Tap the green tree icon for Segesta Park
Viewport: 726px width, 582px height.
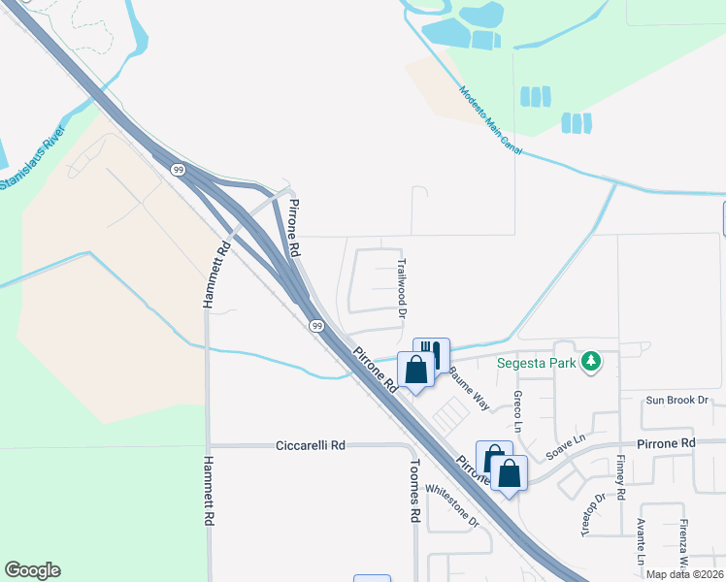[x=590, y=363]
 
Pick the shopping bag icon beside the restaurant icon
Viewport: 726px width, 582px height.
[x=416, y=370]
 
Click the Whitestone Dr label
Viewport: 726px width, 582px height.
[x=452, y=506]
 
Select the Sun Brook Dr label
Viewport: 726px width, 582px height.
[x=678, y=400]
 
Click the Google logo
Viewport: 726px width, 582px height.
[x=32, y=570]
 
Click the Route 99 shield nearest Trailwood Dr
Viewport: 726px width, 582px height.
[x=316, y=326]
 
